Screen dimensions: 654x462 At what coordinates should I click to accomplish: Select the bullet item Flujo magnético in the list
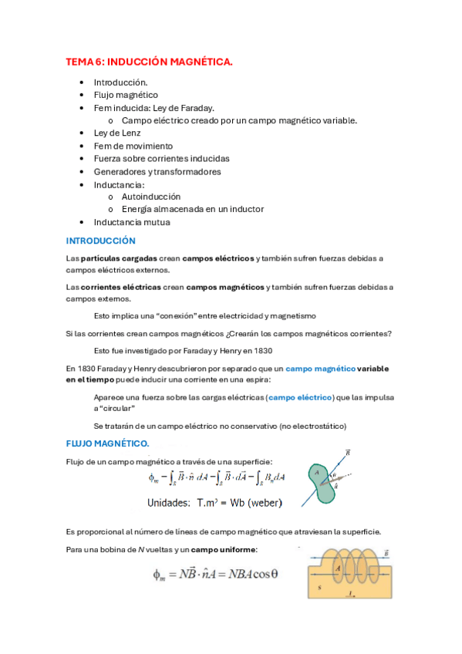126,95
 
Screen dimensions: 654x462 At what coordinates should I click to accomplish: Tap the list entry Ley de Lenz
117,133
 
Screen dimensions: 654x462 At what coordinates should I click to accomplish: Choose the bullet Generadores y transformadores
157,171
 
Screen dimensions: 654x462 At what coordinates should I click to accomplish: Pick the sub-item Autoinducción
151,197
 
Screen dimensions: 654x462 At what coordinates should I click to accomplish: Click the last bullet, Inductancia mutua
132,222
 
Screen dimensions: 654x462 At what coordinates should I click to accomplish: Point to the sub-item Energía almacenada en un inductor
193,209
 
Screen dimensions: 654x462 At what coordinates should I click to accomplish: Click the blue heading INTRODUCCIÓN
101,241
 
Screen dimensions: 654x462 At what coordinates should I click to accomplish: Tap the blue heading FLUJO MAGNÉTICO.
108,443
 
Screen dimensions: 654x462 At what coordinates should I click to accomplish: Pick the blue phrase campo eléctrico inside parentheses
298,397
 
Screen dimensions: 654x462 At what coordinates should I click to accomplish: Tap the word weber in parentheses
264,503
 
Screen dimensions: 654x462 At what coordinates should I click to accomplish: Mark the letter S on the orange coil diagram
319,588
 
